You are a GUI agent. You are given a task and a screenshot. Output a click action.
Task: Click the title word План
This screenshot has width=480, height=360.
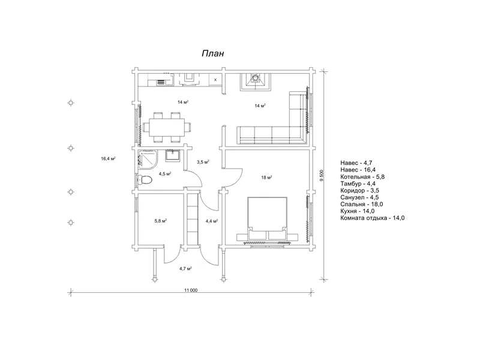click(213, 53)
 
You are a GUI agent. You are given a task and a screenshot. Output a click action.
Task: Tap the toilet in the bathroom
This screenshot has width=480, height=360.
click(145, 179)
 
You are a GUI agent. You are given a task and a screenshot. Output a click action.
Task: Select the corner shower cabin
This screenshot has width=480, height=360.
click(147, 159)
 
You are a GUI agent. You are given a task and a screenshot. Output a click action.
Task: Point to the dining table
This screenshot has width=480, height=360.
click(167, 127)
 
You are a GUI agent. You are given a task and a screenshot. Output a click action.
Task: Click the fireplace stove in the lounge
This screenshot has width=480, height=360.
click(255, 82)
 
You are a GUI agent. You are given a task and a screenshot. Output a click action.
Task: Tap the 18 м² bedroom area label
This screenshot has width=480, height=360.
click(267, 178)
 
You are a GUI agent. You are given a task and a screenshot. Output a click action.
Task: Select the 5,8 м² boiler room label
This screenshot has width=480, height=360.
click(160, 221)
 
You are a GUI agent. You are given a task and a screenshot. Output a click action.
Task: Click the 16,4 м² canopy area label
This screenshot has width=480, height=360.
click(108, 158)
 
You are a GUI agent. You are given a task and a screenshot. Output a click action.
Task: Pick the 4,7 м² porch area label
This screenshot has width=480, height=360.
click(185, 269)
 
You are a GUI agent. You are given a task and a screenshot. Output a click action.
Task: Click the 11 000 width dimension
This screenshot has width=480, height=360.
click(191, 290)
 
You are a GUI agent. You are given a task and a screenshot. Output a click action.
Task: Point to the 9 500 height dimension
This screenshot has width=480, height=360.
click(322, 176)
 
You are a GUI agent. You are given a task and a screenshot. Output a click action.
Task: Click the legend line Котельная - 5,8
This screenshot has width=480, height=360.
click(362, 176)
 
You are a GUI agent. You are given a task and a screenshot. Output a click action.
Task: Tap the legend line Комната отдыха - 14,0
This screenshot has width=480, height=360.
click(372, 218)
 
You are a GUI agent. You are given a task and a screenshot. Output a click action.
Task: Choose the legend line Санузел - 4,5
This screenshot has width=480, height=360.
click(359, 197)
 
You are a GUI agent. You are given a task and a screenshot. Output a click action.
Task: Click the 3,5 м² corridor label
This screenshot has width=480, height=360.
click(203, 162)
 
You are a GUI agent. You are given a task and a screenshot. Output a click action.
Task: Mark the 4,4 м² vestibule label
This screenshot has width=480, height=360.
click(212, 221)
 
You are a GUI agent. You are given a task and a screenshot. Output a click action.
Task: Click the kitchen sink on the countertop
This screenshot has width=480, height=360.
click(161, 82)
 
